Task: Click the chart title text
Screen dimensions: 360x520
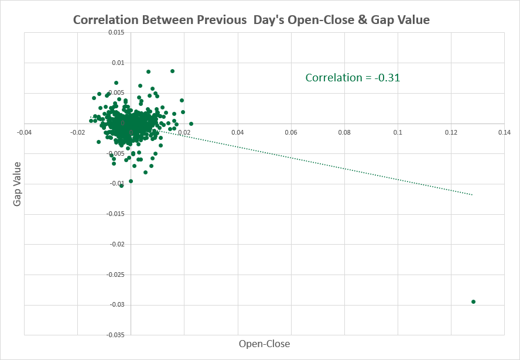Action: click(x=251, y=20)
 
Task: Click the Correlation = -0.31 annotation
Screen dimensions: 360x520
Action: click(x=353, y=77)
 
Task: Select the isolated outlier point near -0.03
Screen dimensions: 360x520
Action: click(x=473, y=302)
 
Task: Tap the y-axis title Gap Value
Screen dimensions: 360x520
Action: click(x=17, y=184)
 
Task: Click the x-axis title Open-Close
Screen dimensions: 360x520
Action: click(x=264, y=344)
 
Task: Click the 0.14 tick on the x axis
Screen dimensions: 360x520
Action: click(x=504, y=133)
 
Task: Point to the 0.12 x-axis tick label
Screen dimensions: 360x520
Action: click(x=451, y=133)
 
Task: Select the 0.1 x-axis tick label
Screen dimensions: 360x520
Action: click(x=398, y=133)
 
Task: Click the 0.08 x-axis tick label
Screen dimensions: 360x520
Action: click(x=344, y=133)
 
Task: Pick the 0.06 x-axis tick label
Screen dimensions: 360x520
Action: click(x=291, y=133)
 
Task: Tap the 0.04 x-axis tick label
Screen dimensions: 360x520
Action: click(x=238, y=133)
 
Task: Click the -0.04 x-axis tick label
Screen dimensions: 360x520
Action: click(x=24, y=133)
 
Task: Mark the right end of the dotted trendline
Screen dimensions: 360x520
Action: click(x=471, y=194)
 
